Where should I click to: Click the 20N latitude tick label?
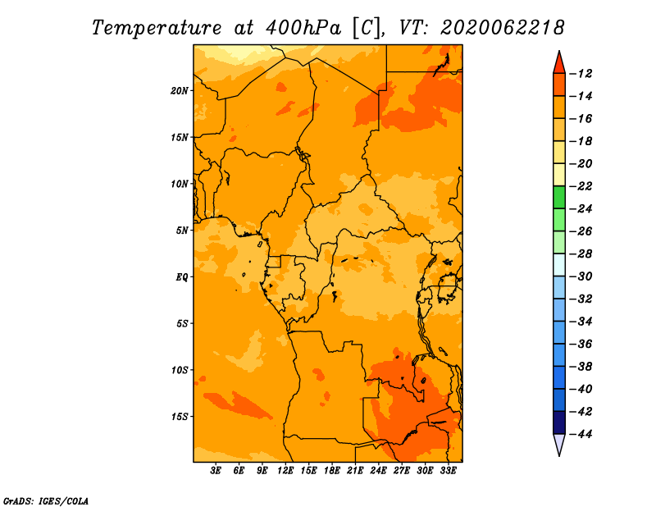click(x=180, y=91)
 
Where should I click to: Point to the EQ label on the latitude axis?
click(x=181, y=277)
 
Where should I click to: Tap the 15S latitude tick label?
click(x=180, y=417)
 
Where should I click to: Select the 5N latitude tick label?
click(x=182, y=231)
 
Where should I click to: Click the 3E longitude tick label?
click(x=216, y=471)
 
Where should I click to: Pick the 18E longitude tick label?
click(x=332, y=471)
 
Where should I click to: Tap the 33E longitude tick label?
click(x=448, y=471)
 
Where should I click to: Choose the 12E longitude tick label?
click(x=285, y=471)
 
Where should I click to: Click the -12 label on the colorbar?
click(x=581, y=74)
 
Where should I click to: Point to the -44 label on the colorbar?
click(x=581, y=434)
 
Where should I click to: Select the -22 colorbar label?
click(x=581, y=186)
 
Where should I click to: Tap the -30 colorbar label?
click(x=581, y=276)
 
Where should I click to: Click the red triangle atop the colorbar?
click(x=559, y=64)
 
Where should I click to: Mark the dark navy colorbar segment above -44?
click(x=559, y=422)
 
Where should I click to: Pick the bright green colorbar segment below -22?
click(x=559, y=197)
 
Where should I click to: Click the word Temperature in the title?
click(x=157, y=28)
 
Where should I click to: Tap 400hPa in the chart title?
click(x=303, y=28)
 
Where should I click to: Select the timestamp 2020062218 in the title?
click(x=503, y=28)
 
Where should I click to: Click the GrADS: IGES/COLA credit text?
click(x=46, y=501)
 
